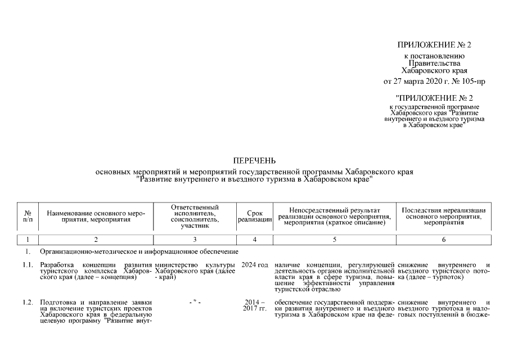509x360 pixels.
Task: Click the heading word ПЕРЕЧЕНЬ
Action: pos(254,161)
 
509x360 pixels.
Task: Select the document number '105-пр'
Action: pos(474,82)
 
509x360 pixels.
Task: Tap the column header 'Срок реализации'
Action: pos(255,217)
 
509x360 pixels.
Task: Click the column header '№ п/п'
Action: pos(28,217)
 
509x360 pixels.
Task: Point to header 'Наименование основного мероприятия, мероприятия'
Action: pos(96,217)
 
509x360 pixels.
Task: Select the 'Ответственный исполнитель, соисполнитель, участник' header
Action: pos(195,217)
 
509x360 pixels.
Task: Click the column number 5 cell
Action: pos(334,240)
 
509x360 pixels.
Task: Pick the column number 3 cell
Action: pos(195,240)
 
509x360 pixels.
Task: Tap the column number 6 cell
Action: pos(444,240)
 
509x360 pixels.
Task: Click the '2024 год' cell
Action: pos(255,265)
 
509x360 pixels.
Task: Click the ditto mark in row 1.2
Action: pos(195,303)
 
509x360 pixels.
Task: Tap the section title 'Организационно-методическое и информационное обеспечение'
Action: pos(139,251)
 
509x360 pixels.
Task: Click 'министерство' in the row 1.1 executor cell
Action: pos(177,265)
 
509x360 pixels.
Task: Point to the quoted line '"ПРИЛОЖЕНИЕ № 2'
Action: pos(434,97)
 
